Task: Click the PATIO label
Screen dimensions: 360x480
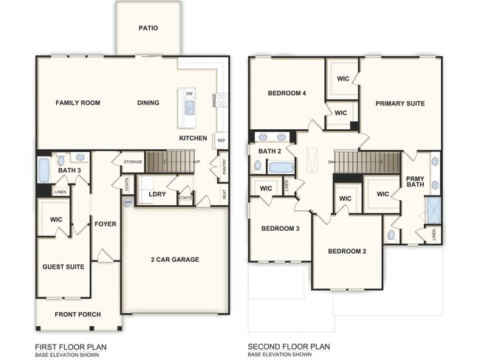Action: tap(148, 29)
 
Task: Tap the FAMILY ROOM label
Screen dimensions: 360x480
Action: tap(78, 103)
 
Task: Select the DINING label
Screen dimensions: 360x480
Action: tap(148, 103)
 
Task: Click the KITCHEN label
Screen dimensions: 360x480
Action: tap(193, 138)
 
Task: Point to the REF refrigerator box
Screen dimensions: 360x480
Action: tap(221, 139)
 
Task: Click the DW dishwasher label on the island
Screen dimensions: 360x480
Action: tap(190, 94)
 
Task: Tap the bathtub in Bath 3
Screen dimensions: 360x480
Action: tap(44, 170)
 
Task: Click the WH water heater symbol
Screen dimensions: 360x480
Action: tap(128, 201)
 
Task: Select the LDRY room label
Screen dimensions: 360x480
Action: tap(157, 195)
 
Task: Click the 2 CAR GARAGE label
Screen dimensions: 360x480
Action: tap(175, 260)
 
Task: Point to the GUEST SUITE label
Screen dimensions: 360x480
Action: tap(63, 267)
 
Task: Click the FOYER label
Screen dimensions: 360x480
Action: tap(106, 224)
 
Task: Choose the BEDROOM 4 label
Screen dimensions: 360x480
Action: tap(287, 93)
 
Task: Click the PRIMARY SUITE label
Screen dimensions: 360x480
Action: tap(400, 103)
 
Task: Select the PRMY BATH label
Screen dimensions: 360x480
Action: tap(414, 182)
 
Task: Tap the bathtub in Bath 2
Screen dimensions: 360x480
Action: tap(281, 167)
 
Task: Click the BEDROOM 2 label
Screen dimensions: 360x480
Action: tap(348, 252)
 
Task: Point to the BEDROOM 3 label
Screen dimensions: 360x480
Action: tap(279, 229)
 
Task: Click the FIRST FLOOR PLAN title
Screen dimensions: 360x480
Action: tap(70, 346)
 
